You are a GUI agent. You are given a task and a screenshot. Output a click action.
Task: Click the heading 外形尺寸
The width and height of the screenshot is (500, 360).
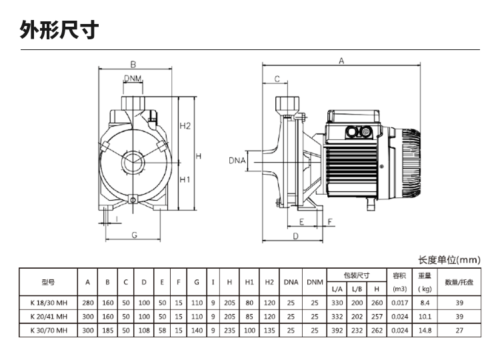point(60,30)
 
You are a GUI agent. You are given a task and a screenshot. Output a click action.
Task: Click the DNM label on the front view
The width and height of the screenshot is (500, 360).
point(132,79)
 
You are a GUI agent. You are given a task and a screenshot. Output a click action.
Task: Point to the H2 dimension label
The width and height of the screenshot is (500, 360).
point(185,126)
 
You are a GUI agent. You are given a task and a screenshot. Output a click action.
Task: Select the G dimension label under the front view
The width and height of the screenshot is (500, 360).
point(134,235)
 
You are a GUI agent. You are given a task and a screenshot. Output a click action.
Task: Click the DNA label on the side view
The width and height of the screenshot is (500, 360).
point(237,161)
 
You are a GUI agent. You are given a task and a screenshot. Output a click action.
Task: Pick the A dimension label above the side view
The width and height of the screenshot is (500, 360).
point(341,61)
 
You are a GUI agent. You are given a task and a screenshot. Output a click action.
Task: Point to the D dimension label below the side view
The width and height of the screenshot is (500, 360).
point(294,235)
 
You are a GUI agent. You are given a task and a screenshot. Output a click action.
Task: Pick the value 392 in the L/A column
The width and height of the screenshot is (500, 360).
point(337,330)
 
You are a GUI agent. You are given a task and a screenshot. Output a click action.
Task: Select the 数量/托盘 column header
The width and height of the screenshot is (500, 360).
point(459,282)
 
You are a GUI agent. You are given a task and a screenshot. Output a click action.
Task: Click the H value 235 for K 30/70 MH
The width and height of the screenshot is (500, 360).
point(229,330)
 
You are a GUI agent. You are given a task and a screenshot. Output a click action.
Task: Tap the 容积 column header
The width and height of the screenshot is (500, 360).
point(399,275)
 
